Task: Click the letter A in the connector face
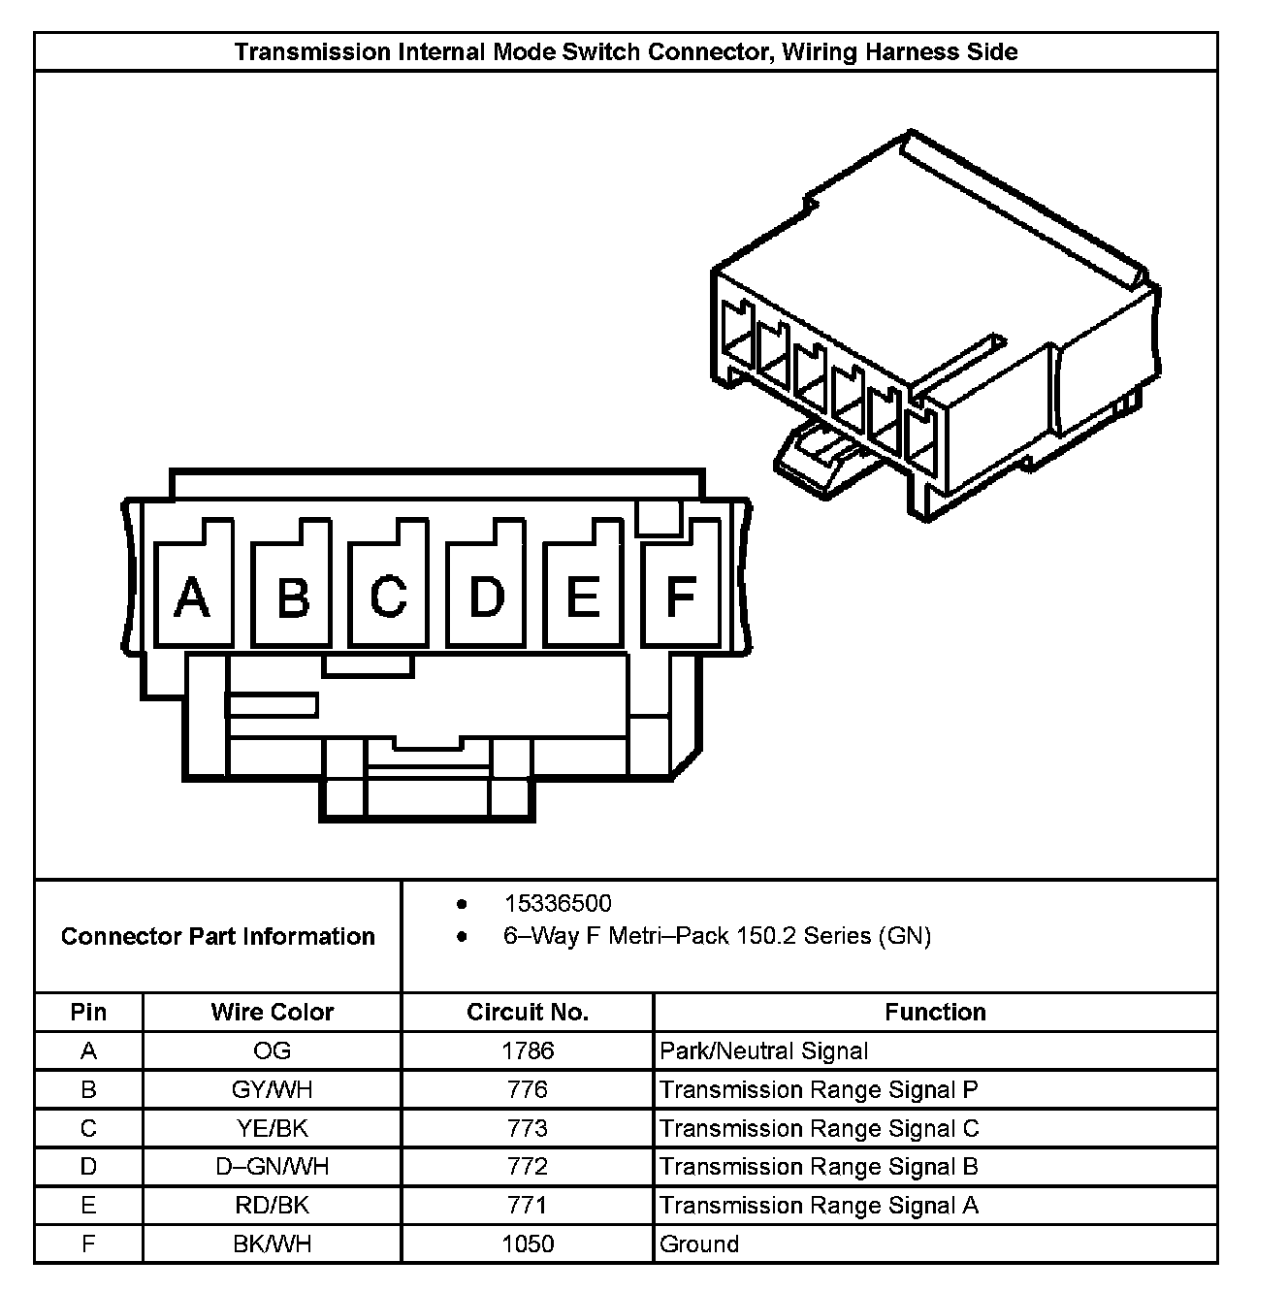191,597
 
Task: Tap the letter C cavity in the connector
388,596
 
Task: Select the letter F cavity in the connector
681,596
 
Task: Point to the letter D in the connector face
486,596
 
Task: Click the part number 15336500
558,904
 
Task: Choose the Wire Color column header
272,1013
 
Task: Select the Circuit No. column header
528,1013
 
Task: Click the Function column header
935,1013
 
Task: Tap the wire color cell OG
272,1051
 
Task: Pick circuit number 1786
528,1051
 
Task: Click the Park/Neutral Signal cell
764,1051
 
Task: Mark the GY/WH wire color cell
272,1090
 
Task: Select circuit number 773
528,1129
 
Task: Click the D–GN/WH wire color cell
272,1167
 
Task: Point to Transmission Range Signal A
819,1206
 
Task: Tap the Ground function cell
699,1244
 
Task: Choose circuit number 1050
528,1244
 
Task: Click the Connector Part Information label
217,937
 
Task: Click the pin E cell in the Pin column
88,1206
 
